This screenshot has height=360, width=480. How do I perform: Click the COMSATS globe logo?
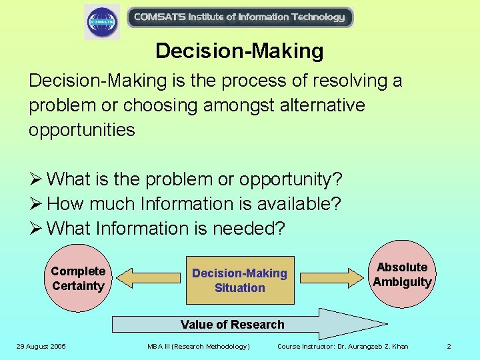point(102,21)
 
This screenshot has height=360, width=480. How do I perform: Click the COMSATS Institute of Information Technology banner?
point(239,17)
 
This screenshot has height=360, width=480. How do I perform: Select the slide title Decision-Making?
point(239,51)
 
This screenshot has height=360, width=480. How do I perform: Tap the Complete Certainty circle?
point(78,279)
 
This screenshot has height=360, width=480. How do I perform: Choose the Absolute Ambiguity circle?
point(402,275)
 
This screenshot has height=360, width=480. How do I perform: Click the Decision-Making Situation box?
point(239,280)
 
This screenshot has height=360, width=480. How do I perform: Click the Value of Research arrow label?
point(233,325)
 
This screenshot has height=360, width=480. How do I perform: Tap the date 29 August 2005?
point(42,346)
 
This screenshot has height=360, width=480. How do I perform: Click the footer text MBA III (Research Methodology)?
point(198,346)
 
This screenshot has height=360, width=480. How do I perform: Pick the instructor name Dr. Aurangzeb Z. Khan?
point(365,346)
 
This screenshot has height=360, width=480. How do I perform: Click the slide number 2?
point(449,346)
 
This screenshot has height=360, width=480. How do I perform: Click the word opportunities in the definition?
point(81,130)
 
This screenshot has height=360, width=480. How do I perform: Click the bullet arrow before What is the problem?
point(35,179)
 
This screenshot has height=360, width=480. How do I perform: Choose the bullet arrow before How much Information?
point(35,204)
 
